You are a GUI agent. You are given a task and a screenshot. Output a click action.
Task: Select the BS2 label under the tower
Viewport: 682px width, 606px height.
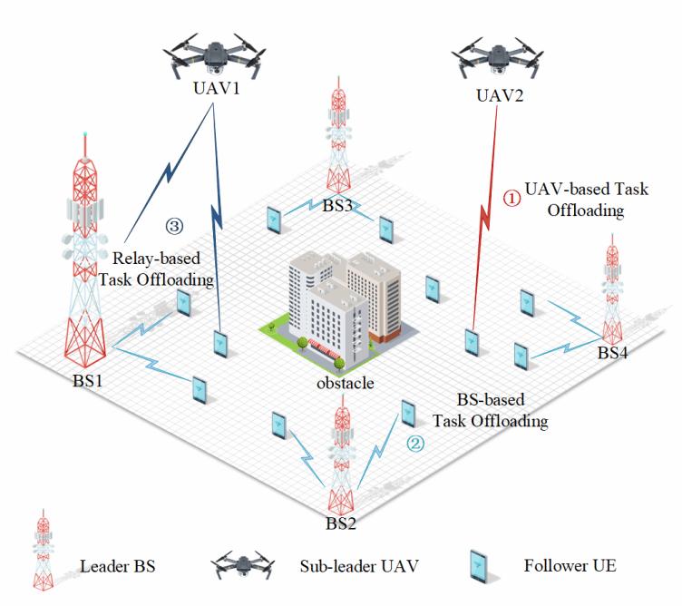click(341, 523)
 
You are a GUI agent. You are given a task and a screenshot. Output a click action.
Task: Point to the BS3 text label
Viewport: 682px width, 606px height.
click(337, 205)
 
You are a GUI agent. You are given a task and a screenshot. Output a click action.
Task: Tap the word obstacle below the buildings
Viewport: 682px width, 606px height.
click(345, 383)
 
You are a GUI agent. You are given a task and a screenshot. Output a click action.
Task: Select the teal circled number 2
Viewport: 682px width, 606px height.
click(414, 445)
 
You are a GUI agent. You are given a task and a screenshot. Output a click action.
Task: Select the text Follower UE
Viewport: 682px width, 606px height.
click(570, 565)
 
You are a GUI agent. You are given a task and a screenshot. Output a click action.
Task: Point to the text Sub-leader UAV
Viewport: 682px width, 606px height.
click(359, 567)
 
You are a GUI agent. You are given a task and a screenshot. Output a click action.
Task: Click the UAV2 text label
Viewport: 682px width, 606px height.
click(499, 95)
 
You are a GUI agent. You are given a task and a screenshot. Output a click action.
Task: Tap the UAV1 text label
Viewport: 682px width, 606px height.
click(214, 91)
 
